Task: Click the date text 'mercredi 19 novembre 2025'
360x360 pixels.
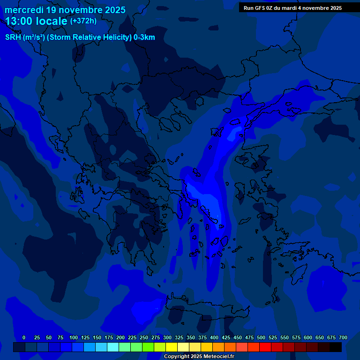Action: (65, 10)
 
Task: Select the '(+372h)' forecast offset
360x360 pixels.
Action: (83, 21)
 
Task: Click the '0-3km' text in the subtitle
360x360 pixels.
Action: (144, 37)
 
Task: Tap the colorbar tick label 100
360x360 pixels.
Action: (74, 337)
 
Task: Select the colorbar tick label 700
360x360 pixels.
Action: (343, 337)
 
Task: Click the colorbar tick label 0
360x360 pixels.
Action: (24, 337)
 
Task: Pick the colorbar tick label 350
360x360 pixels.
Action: (191, 337)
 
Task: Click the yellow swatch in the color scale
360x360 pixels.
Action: (172, 347)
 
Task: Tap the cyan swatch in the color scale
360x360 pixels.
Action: (113, 347)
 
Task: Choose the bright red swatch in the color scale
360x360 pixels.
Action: (265, 347)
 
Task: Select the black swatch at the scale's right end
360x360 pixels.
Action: (336, 347)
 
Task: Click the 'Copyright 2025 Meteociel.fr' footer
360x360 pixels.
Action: (199, 357)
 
